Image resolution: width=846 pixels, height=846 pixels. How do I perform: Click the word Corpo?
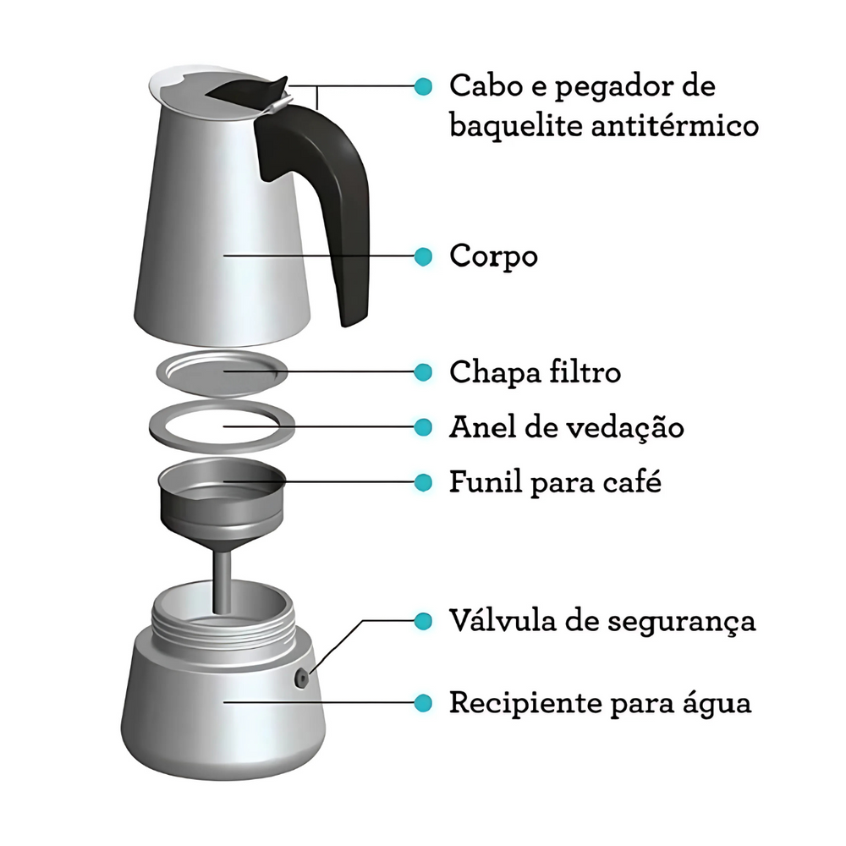point(493,256)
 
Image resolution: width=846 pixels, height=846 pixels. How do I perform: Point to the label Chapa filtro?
point(535,371)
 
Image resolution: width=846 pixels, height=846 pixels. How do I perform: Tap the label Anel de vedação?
point(566,427)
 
